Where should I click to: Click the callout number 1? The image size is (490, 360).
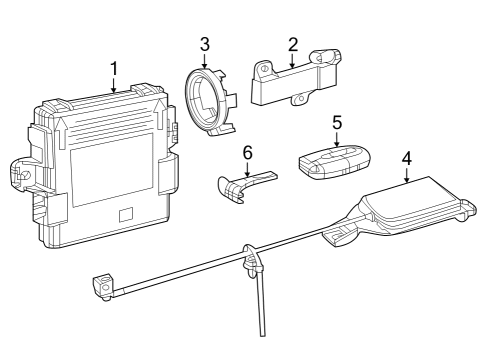tap(114, 68)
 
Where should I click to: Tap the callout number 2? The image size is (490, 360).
tap(293, 44)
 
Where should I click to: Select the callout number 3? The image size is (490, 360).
tap(204, 44)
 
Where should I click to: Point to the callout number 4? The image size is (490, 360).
tap(406, 157)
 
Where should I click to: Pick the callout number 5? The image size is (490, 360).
tap(337, 121)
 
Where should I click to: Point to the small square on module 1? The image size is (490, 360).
tap(125, 214)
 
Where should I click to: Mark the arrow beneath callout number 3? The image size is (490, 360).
tap(204, 59)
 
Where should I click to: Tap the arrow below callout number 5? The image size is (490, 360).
tap(337, 139)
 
